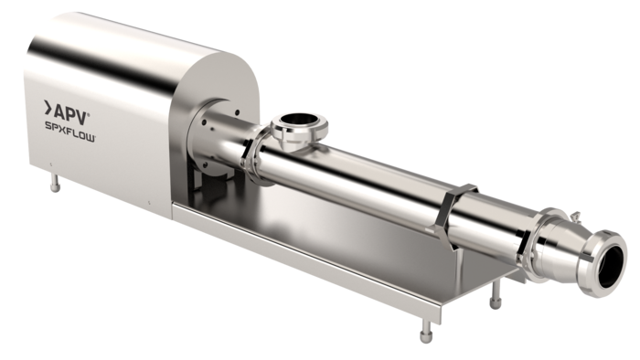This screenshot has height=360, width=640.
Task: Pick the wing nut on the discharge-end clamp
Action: pos(575,216)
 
